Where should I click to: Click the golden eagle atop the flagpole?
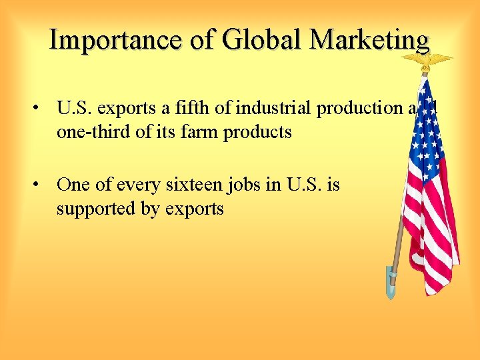tap(425, 61)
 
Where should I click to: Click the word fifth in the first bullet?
tap(199, 109)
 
